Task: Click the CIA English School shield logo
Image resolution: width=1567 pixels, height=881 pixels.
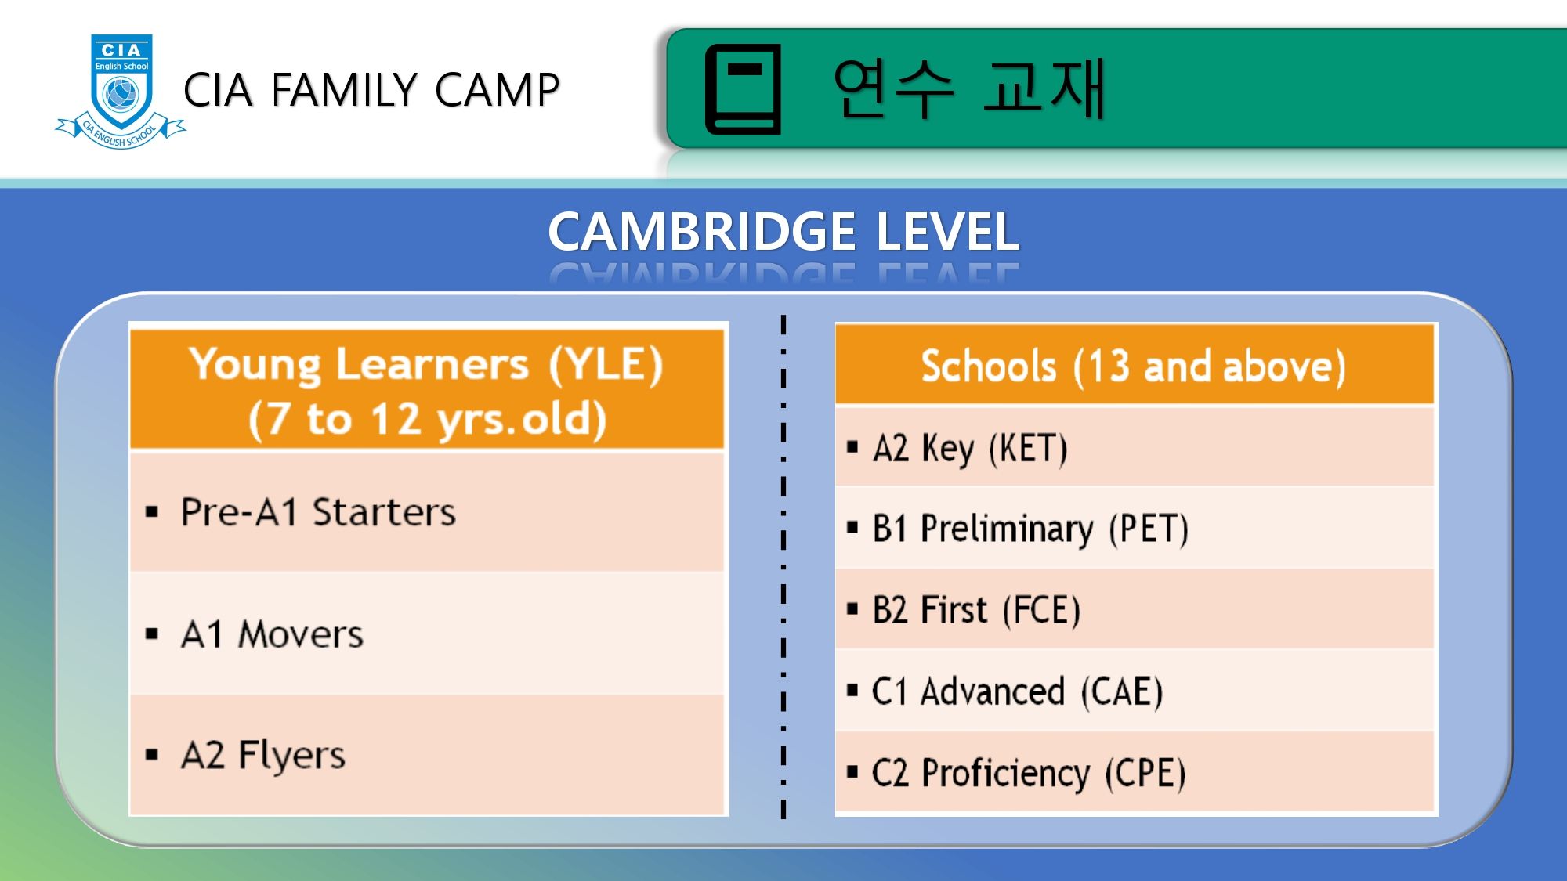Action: click(x=121, y=91)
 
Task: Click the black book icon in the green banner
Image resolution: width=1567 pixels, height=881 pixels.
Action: click(x=743, y=89)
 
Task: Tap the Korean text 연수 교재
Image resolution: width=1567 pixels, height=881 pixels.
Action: click(x=968, y=88)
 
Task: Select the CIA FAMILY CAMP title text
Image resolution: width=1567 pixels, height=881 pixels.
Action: click(x=371, y=89)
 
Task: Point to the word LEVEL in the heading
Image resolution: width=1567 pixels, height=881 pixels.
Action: click(x=947, y=232)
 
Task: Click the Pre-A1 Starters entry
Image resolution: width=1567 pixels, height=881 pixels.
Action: click(x=317, y=512)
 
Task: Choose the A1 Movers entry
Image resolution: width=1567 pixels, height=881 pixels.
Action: click(x=272, y=634)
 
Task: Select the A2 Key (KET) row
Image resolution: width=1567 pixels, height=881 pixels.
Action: click(x=970, y=449)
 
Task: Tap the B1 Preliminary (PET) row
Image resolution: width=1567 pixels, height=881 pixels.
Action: click(x=1030, y=529)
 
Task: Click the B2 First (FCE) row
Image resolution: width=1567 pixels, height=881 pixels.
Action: click(x=976, y=611)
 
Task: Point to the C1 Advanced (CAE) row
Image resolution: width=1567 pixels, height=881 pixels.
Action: click(x=1017, y=692)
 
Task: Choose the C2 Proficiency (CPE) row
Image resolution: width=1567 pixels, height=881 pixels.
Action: click(x=1029, y=774)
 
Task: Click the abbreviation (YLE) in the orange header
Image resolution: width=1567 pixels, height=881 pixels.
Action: click(x=606, y=365)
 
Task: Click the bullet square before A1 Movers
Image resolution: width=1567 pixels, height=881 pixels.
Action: click(x=152, y=634)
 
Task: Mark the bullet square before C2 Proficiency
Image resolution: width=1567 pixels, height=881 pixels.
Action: click(x=852, y=773)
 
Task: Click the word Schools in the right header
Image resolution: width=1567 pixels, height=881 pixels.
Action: click(x=989, y=366)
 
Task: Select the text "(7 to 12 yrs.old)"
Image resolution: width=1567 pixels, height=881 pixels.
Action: click(x=427, y=420)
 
